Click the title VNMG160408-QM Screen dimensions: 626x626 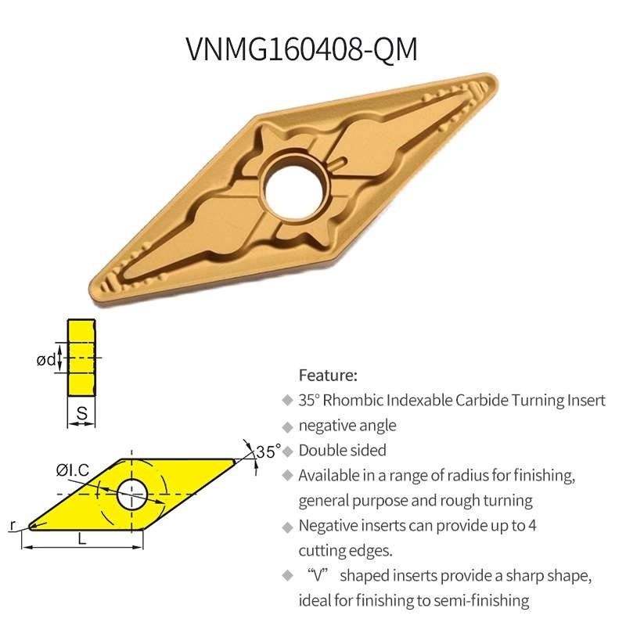click(302, 49)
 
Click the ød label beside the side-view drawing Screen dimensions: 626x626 click(47, 360)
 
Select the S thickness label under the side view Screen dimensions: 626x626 click(81, 413)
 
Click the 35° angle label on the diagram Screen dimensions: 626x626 click(268, 452)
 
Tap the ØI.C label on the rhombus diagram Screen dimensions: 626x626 click(72, 469)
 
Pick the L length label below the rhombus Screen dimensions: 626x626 click(82, 540)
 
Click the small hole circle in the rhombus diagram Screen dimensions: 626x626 click(131, 494)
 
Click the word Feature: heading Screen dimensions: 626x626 click(328, 375)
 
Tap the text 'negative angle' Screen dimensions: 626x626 click(347, 426)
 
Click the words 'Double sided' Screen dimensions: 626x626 click(342, 451)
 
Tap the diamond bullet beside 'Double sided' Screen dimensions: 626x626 click(286, 452)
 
